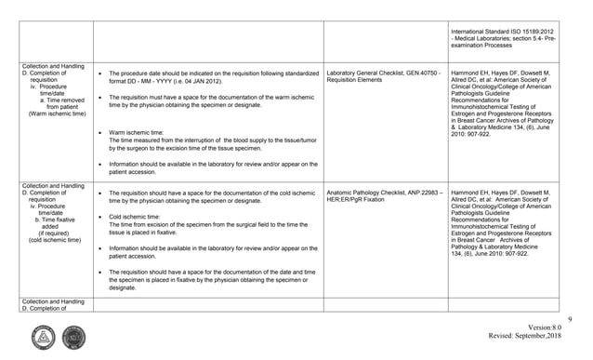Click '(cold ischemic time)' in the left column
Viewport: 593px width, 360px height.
click(42, 241)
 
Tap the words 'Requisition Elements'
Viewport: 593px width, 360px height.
click(360, 80)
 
